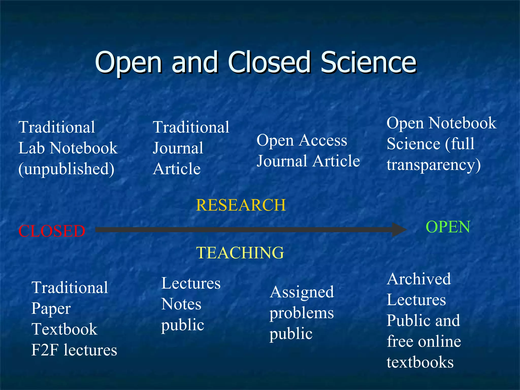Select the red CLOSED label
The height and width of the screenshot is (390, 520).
tap(52, 231)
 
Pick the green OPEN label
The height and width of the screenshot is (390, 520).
tap(448, 227)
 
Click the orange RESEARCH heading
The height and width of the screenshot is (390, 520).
tap(241, 205)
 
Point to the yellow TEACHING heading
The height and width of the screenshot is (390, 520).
tap(240, 253)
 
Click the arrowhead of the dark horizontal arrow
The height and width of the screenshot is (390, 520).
tap(399, 230)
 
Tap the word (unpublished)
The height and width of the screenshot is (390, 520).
tap(67, 169)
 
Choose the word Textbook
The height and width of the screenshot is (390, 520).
tap(64, 329)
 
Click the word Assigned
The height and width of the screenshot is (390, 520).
tap(302, 292)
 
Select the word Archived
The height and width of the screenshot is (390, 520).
tap(419, 279)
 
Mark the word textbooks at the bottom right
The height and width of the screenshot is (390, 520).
tap(420, 362)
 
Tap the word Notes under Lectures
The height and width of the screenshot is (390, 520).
tap(181, 304)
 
